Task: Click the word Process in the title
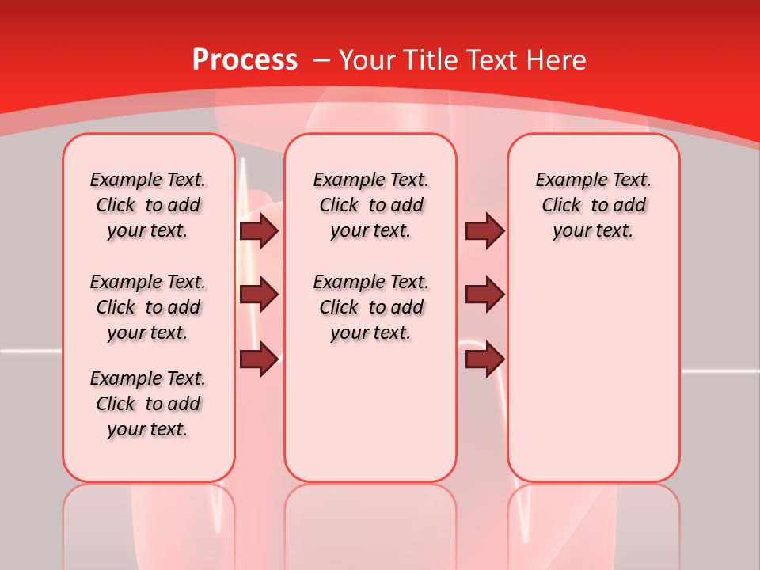pyautogui.click(x=245, y=60)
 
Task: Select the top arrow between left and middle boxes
pyautogui.click(x=259, y=230)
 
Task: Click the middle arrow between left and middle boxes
pyautogui.click(x=259, y=294)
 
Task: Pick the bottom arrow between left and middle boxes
pyautogui.click(x=259, y=359)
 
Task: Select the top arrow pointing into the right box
pyautogui.click(x=484, y=230)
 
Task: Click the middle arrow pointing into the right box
pyautogui.click(x=484, y=294)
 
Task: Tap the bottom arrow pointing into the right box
pyautogui.click(x=484, y=359)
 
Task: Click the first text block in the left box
pyautogui.click(x=148, y=205)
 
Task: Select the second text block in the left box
pyautogui.click(x=148, y=307)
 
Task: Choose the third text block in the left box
pyautogui.click(x=148, y=404)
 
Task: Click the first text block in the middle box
pyautogui.click(x=370, y=205)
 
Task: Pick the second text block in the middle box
pyautogui.click(x=370, y=307)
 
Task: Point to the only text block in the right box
pyautogui.click(x=593, y=205)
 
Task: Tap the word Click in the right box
pyautogui.click(x=561, y=206)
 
